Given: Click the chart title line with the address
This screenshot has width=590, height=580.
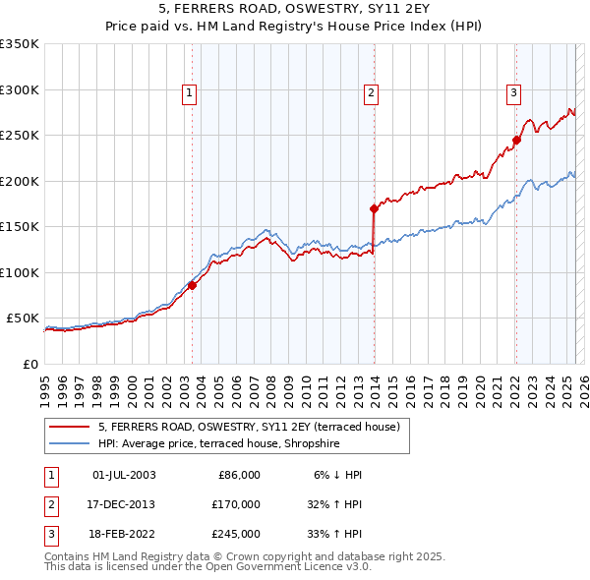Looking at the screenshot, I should [295, 11].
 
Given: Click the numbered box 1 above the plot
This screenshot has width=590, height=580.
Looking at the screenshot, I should [189, 93].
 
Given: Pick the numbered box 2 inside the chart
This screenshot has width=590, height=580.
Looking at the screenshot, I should [371, 93].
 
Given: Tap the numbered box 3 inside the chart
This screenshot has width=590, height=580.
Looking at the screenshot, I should [513, 93].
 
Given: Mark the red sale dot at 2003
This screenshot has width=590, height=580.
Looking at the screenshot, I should [193, 285].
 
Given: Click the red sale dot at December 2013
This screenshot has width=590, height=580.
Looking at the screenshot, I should [374, 208].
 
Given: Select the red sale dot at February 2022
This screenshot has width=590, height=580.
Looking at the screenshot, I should [516, 140].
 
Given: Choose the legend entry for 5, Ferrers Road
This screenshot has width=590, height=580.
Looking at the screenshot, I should [248, 428].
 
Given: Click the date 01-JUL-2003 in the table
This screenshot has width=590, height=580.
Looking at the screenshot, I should [124, 475].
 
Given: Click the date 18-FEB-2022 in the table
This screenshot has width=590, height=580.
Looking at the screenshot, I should [124, 534].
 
